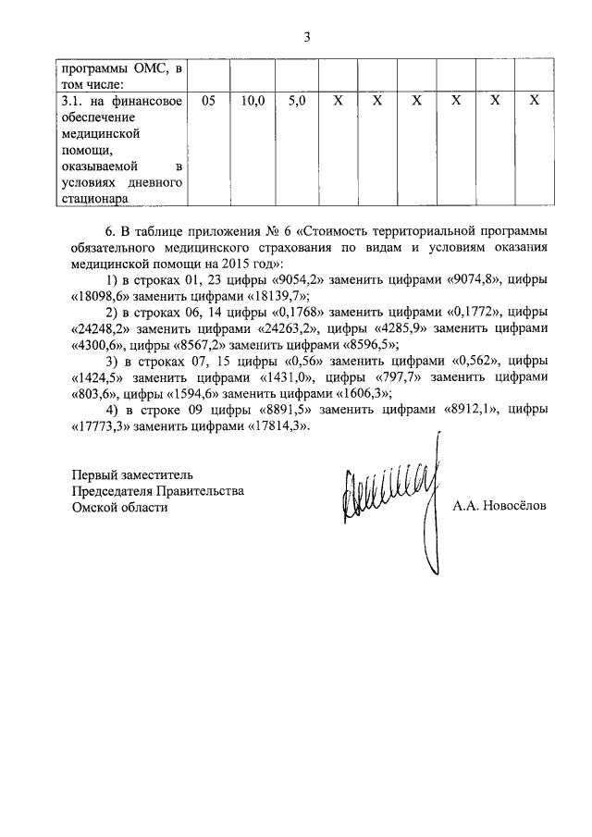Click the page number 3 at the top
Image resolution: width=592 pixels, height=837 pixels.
pos(307,36)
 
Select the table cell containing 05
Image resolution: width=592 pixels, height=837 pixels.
pos(207,99)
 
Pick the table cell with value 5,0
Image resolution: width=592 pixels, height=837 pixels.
pos(297,99)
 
